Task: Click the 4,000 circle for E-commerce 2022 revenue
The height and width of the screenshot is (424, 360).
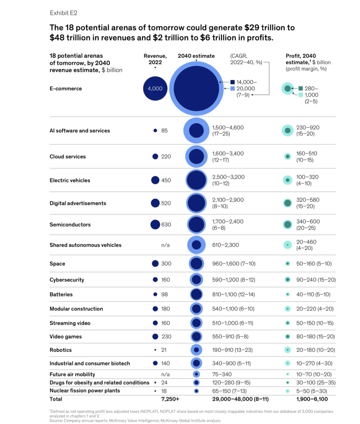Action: pyautogui.click(x=155, y=88)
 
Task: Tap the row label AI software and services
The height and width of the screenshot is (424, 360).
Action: pyautogui.click(x=80, y=131)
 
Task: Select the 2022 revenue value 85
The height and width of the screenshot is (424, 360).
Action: pyautogui.click(x=164, y=131)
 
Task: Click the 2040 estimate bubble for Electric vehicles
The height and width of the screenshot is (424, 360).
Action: pyautogui.click(x=196, y=180)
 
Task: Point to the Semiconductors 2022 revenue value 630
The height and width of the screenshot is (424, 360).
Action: pyautogui.click(x=166, y=224)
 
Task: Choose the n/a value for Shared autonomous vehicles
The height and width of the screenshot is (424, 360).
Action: pyautogui.click(x=165, y=245)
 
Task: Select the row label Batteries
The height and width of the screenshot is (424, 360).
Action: pyautogui.click(x=61, y=294)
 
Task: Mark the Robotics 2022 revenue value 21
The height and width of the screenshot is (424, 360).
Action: pyautogui.click(x=164, y=350)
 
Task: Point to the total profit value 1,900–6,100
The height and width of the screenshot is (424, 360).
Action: pyautogui.click(x=312, y=399)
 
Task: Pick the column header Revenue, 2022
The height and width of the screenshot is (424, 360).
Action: pyautogui.click(x=155, y=59)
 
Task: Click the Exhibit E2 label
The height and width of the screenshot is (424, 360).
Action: pyautogui.click(x=63, y=13)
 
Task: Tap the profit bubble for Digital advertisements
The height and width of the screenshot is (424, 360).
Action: pyautogui.click(x=287, y=203)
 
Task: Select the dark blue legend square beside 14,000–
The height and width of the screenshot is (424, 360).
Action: pyautogui.click(x=232, y=82)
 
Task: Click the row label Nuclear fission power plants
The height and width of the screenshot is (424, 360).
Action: pyautogui.click(x=85, y=391)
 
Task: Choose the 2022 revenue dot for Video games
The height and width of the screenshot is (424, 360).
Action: pyautogui.click(x=155, y=337)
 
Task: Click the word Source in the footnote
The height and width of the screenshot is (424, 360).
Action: pyautogui.click(x=56, y=421)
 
